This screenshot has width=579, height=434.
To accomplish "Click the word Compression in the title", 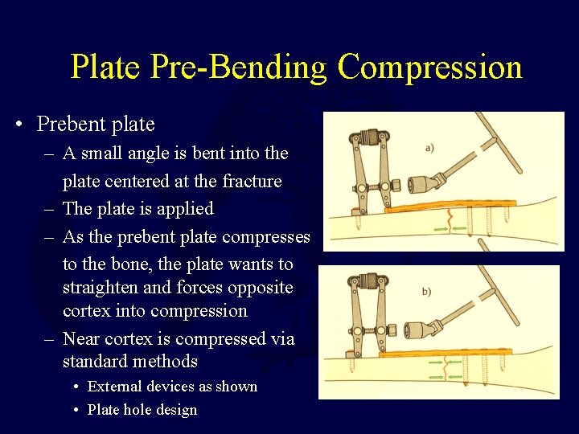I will [x=429, y=67].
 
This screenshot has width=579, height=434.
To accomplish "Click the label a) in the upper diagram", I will [x=430, y=148].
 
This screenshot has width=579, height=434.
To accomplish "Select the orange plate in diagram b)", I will [x=450, y=351].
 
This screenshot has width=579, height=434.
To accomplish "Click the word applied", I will [x=185, y=209].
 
